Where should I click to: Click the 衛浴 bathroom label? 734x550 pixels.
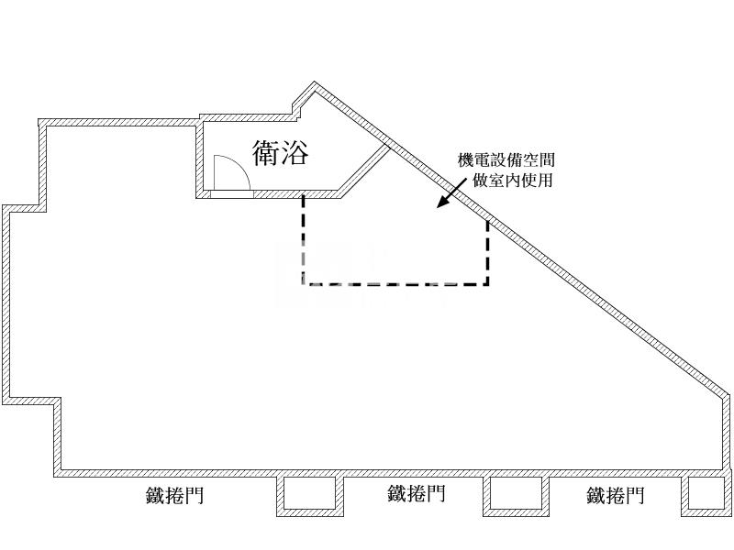pyautogui.click(x=281, y=152)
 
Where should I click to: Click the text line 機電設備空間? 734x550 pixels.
pyautogui.click(x=506, y=160)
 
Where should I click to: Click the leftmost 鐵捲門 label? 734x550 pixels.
pyautogui.click(x=174, y=497)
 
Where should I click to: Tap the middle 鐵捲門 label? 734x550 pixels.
pyautogui.click(x=417, y=494)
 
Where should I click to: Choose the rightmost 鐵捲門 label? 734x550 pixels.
pyautogui.click(x=616, y=497)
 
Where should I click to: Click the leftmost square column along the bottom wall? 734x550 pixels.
pyautogui.click(x=309, y=495)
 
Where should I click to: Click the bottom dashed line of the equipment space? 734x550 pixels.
pyautogui.click(x=395, y=284)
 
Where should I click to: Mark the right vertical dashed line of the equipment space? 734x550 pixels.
pyautogui.click(x=487, y=252)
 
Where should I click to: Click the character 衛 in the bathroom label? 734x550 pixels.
pyautogui.click(x=266, y=152)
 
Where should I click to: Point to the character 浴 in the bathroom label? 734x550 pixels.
pyautogui.click(x=295, y=152)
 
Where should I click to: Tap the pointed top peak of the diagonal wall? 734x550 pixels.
pyautogui.click(x=316, y=85)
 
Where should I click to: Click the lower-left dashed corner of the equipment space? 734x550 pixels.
pyautogui.click(x=304, y=284)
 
